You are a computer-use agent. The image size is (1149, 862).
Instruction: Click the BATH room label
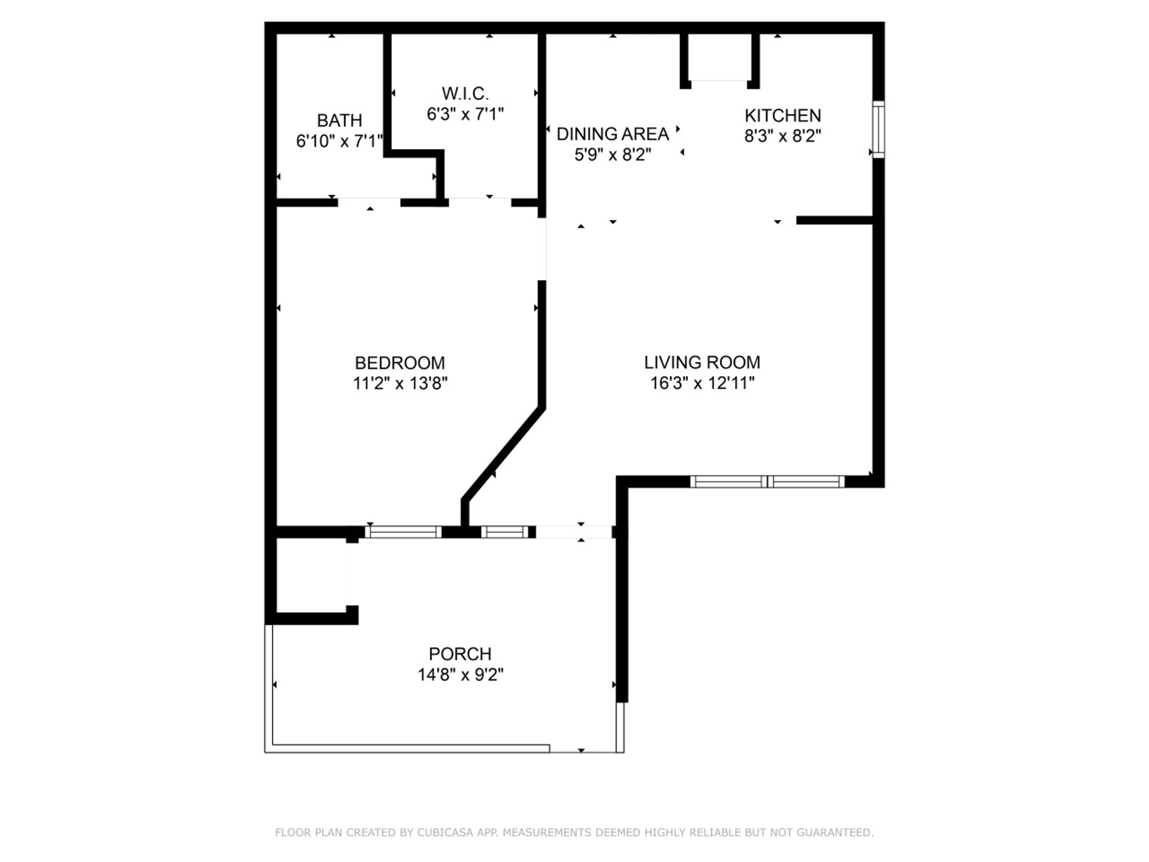tap(339, 121)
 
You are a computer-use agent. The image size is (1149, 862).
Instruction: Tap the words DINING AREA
tap(613, 134)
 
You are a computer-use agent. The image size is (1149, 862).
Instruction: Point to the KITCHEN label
tap(783, 115)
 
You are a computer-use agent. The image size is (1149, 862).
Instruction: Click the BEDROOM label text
tap(400, 363)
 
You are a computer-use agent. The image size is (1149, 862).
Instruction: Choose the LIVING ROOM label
tap(702, 362)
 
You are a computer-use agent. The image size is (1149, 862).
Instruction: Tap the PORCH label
tap(460, 654)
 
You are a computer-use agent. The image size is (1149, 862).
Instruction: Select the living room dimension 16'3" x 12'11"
tap(702, 383)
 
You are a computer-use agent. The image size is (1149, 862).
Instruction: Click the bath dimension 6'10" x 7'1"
tap(340, 141)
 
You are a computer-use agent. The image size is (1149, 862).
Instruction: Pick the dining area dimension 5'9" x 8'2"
tap(613, 155)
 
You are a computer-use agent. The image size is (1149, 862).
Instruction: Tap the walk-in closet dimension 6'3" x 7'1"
tap(465, 114)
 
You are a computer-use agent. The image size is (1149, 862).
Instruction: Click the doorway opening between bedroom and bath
tap(369, 202)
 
